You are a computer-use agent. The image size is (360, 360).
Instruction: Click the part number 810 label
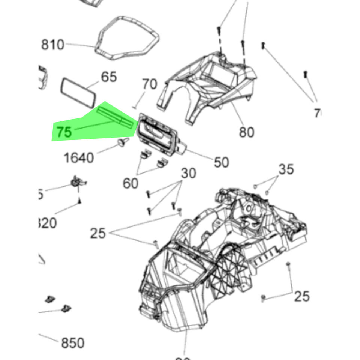pos(52,45)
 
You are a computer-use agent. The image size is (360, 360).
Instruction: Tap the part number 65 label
pos(109,77)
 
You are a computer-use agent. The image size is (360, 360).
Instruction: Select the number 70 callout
pos(149,84)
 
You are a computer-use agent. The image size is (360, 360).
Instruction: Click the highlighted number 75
pos(64,132)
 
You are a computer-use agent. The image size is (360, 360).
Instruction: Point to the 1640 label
pos(79,158)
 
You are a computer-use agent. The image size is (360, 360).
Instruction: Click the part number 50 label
pos(221,162)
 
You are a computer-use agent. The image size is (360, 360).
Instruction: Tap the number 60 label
pos(130,183)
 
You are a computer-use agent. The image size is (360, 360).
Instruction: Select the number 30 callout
pos(189,174)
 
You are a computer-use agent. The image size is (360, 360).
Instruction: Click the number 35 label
pos(286,169)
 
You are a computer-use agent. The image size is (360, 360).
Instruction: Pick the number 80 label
pos(246,132)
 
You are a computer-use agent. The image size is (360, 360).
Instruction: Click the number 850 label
pos(73,343)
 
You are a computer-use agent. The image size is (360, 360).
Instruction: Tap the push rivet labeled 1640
pos(122,142)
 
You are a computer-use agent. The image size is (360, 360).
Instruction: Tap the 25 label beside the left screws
pos(98,234)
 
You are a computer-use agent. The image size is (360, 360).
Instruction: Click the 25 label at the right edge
pos(301,297)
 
